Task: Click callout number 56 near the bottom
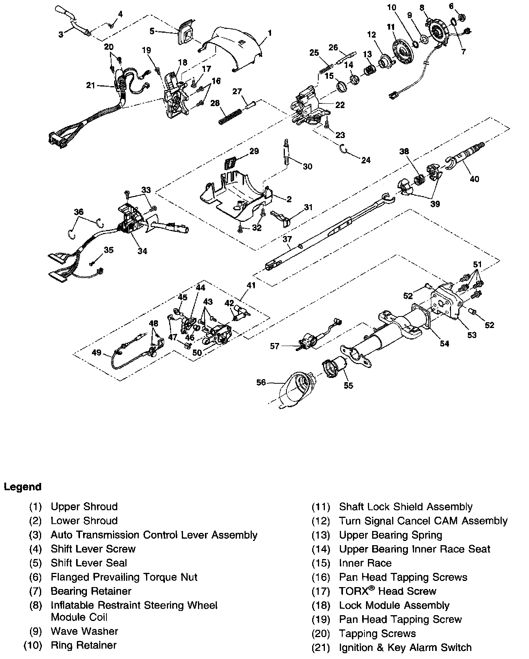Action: click(261, 383)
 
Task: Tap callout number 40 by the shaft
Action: click(474, 179)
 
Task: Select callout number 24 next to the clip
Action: click(366, 160)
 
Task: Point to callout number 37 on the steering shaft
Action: click(287, 239)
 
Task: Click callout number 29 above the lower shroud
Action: click(254, 151)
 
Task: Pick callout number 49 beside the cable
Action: click(96, 352)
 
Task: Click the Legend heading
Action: click(23, 487)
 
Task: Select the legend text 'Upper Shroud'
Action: click(84, 506)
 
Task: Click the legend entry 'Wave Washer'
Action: click(84, 631)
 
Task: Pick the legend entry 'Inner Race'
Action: click(365, 563)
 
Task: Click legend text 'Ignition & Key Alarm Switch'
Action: click(405, 647)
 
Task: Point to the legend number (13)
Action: click(321, 535)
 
